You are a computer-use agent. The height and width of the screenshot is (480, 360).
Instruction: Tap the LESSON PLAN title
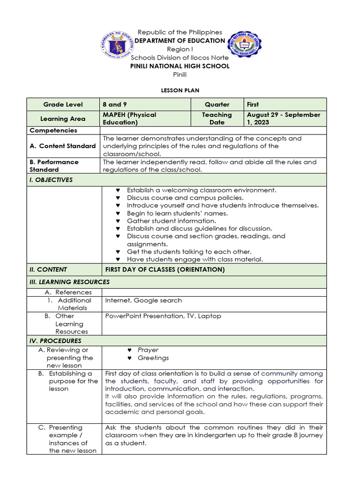click(180, 90)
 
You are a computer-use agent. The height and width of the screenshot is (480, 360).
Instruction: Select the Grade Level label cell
click(63, 105)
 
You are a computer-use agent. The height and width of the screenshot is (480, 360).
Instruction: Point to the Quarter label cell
click(217, 105)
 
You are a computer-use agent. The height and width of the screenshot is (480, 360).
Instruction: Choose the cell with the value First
click(253, 105)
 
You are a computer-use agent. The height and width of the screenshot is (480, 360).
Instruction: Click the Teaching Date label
click(217, 119)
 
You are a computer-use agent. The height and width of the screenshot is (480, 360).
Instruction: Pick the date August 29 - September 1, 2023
click(284, 119)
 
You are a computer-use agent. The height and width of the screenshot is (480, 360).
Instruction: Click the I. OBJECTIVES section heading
click(51, 180)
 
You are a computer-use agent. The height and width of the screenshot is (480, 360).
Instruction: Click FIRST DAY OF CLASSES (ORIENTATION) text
click(165, 270)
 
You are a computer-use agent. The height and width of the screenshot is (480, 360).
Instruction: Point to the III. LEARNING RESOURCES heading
click(69, 282)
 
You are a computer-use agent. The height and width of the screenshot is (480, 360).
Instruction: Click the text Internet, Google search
click(143, 300)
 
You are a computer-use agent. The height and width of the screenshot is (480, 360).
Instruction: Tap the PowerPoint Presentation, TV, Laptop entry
click(163, 316)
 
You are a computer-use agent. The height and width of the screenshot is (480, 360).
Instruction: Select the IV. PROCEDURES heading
click(55, 341)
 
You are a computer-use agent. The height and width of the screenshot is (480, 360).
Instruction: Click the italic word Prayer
click(148, 350)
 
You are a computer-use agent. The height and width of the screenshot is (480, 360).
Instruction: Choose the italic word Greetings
click(153, 358)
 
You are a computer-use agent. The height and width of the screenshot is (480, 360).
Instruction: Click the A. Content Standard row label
click(62, 146)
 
